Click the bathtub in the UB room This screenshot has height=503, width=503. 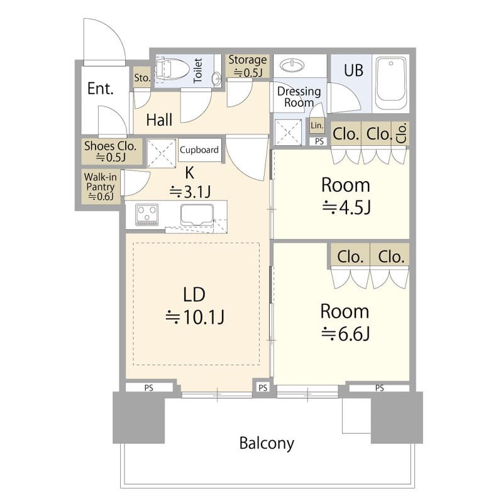pyautogui.click(x=391, y=84)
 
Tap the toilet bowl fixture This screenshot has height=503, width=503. pyautogui.click(x=172, y=69)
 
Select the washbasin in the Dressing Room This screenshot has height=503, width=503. pyautogui.click(x=292, y=65)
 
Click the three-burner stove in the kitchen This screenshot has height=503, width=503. pyautogui.click(x=147, y=214)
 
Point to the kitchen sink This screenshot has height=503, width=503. pyautogui.click(x=197, y=214)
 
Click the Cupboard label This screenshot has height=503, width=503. pyautogui.click(x=199, y=150)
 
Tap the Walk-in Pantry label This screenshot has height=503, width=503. pyautogui.click(x=101, y=186)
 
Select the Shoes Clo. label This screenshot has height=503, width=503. pyautogui.click(x=111, y=151)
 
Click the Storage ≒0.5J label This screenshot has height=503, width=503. pyautogui.click(x=248, y=66)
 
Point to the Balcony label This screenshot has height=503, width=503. pyautogui.click(x=267, y=444)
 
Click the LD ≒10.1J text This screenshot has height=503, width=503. pyautogui.click(x=195, y=306)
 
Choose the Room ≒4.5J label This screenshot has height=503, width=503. pyautogui.click(x=346, y=196)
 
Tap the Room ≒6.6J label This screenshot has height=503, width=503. pyautogui.click(x=345, y=322)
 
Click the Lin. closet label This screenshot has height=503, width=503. pyautogui.click(x=317, y=125)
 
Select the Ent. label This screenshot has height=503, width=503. pyautogui.click(x=101, y=89)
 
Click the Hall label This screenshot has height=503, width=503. pyautogui.click(x=159, y=120)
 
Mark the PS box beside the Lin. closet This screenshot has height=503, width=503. pyautogui.click(x=319, y=141)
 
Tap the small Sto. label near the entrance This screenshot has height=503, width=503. pyautogui.click(x=142, y=77)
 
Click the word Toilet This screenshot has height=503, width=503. pyautogui.click(x=198, y=70)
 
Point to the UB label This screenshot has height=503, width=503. pyautogui.click(x=353, y=70)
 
